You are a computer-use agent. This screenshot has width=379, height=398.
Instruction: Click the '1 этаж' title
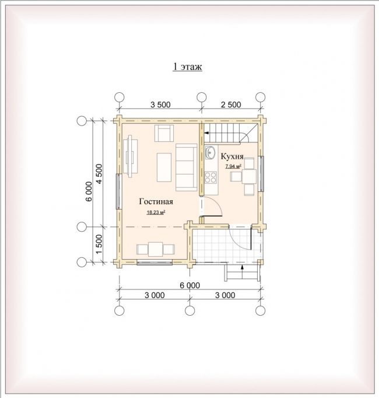point(187,67)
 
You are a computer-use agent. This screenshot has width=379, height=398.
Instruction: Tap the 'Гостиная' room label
point(156,201)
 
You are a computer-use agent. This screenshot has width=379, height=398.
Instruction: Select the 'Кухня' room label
point(232,156)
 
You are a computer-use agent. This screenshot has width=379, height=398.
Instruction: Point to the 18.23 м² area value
point(156,212)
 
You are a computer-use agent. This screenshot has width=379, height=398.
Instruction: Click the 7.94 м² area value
point(233,166)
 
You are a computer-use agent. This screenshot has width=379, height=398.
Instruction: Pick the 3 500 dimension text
point(160,104)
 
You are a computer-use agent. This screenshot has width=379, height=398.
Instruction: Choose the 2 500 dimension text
point(231,104)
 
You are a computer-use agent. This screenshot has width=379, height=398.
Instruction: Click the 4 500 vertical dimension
point(99,174)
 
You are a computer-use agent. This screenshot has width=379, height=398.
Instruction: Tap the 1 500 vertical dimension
point(99,244)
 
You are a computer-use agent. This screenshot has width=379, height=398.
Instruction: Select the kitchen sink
point(210,152)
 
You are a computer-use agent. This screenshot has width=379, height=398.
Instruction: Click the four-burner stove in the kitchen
point(210,177)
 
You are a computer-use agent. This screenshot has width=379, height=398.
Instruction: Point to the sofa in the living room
point(186,167)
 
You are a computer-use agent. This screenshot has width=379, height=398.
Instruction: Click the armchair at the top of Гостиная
point(164,133)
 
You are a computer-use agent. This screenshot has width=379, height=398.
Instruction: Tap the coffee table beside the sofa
point(164,167)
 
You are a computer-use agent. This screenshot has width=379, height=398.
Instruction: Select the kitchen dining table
point(249,176)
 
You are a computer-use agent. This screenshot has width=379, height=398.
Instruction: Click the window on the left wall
point(118,191)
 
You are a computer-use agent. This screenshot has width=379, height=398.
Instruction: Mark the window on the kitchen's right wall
point(261,174)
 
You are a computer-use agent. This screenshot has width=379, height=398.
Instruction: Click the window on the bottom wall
point(155,263)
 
